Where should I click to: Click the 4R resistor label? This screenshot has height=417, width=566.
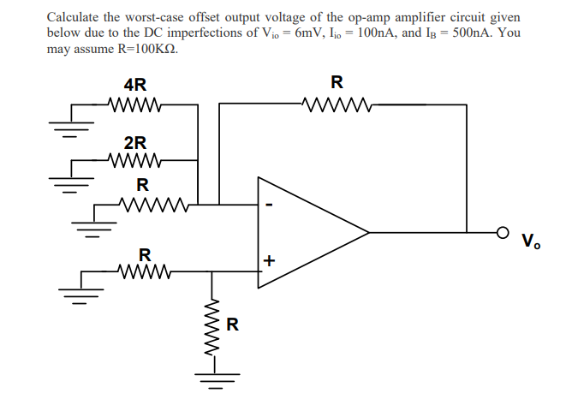coord(134,85)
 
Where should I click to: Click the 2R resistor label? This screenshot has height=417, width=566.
coord(134,141)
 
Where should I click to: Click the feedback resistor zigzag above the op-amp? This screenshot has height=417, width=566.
coord(336,105)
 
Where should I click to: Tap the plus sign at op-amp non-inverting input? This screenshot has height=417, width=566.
coord(268,260)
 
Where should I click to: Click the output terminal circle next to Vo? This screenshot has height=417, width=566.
coord(506,232)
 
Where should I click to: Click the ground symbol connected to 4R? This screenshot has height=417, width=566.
coord(62,128)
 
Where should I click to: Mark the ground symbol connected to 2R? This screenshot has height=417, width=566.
coord(62,181)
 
